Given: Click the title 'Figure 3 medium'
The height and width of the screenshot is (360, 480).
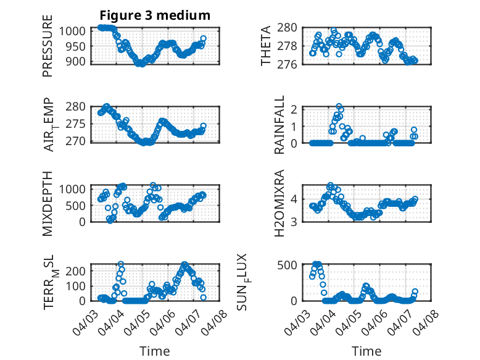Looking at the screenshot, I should [156, 15].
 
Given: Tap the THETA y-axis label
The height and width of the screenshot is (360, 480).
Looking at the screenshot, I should [266, 46].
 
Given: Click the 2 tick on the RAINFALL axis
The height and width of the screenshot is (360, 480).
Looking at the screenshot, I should [294, 109].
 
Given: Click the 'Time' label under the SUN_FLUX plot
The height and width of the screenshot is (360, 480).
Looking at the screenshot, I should [366, 351].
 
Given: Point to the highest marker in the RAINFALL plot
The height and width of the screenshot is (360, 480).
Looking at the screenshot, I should [339, 107].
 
